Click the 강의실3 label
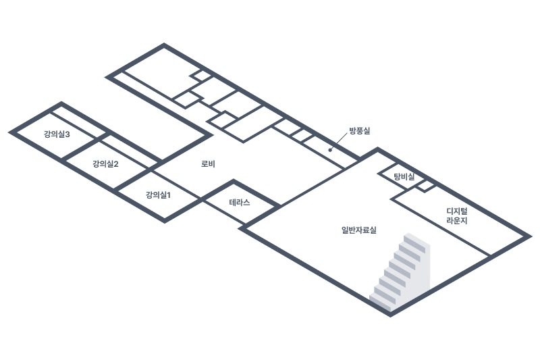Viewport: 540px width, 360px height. [57, 134]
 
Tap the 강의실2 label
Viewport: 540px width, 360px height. [106, 164]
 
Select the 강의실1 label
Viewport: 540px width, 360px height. [159, 195]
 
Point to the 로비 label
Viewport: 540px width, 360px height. [209, 164]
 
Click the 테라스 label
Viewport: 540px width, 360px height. [240, 202]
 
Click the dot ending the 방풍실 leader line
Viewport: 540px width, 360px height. [330, 149]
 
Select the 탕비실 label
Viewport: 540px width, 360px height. [404, 176]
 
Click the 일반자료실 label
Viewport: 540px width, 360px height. [359, 230]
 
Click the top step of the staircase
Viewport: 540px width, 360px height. [412, 240]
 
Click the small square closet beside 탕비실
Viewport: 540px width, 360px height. [425, 186]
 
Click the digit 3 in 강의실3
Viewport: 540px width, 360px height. [68, 134]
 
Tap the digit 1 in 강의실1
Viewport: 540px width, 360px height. [169, 195]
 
